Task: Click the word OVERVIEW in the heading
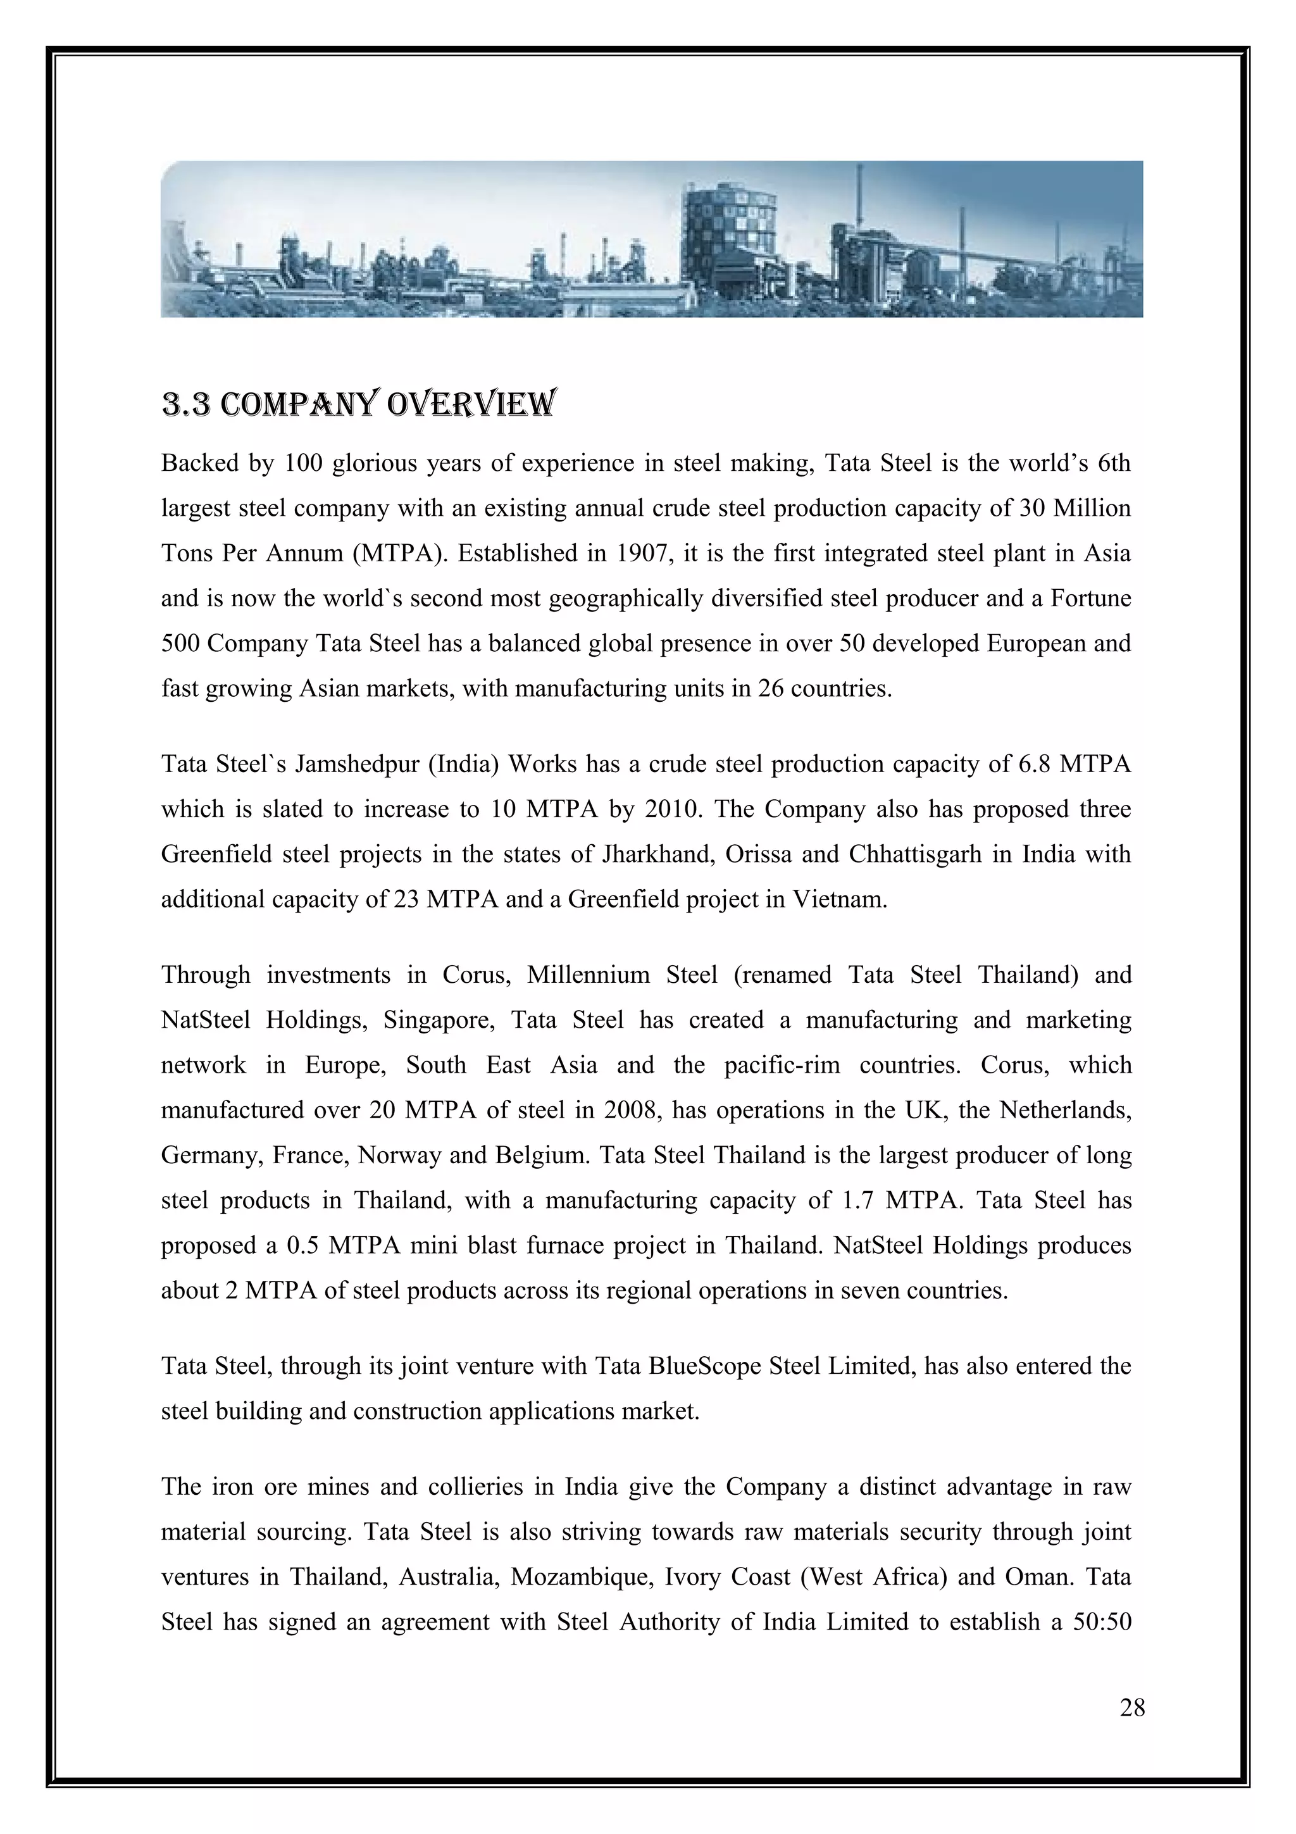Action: [470, 404]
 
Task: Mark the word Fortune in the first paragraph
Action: [1090, 598]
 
